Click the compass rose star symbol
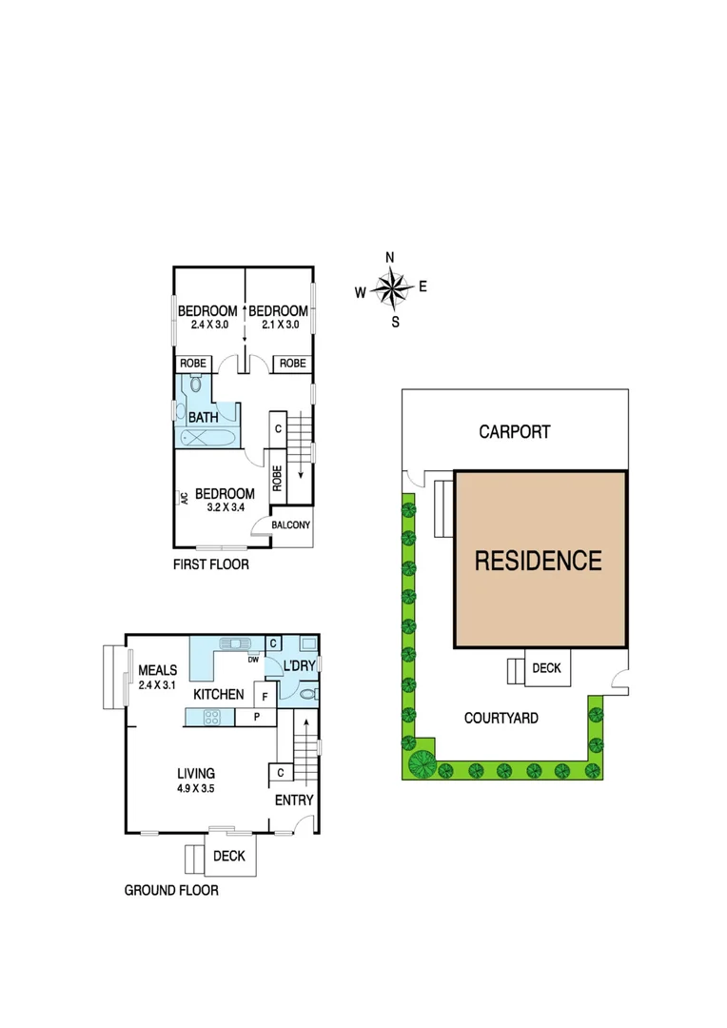(x=391, y=288)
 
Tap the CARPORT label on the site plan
(x=514, y=432)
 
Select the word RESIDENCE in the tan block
(x=539, y=561)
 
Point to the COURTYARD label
(x=501, y=718)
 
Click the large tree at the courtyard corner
(x=421, y=761)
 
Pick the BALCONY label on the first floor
(x=291, y=525)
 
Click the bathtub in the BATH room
(x=206, y=438)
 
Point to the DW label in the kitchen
(x=254, y=659)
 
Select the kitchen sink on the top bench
(x=234, y=642)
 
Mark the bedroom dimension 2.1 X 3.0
(x=278, y=325)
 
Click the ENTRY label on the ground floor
(x=293, y=801)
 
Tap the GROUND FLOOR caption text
(x=171, y=891)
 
